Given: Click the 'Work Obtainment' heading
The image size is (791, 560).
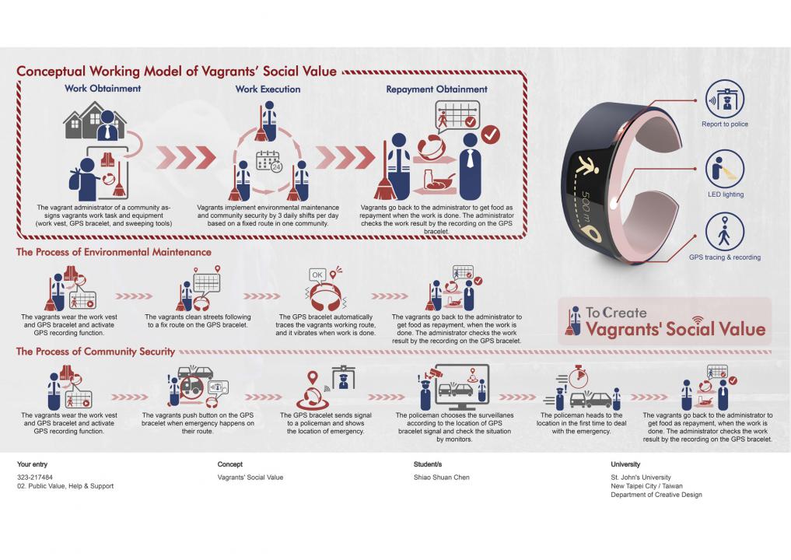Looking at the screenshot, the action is click(103, 89).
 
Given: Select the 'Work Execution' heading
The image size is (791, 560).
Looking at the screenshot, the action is click(268, 89).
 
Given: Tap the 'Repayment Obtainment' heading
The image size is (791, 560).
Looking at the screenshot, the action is click(437, 89).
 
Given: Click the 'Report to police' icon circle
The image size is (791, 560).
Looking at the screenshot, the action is click(725, 100).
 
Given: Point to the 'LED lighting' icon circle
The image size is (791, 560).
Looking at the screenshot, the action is click(725, 169).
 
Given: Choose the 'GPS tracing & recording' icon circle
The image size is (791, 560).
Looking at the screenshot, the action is click(725, 232).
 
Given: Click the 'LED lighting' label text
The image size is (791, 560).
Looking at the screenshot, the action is click(726, 194).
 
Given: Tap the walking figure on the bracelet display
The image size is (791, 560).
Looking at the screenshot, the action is click(588, 166).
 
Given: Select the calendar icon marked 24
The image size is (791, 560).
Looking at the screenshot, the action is click(269, 161).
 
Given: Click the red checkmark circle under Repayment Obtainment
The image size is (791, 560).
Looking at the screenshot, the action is click(490, 135).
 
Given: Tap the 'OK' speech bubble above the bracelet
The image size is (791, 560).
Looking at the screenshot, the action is click(317, 275).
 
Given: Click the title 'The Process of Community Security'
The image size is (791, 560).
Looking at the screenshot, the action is click(96, 352).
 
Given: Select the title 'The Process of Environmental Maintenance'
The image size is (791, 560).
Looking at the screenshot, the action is click(114, 252).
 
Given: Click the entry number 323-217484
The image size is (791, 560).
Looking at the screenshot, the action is click(35, 478).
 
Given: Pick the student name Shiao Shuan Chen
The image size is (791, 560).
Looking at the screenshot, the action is click(442, 478).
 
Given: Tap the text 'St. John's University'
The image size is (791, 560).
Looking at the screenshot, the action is click(641, 478).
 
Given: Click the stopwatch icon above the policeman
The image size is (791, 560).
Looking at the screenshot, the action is click(578, 376).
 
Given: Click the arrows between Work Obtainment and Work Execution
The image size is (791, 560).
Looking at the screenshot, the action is click(186, 157).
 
